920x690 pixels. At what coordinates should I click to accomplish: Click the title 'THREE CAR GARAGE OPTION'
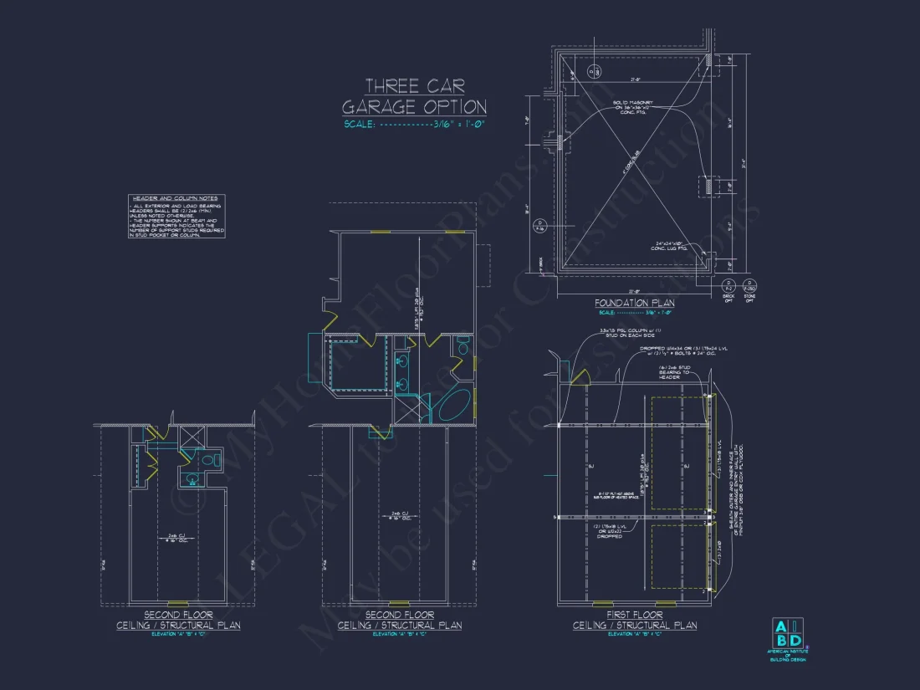[414, 96]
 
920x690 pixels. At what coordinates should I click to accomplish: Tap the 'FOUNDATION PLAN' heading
[634, 303]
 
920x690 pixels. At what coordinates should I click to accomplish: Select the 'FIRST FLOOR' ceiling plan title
[634, 615]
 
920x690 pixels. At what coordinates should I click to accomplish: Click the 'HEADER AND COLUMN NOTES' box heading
[176, 198]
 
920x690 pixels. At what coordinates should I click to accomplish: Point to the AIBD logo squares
[787, 633]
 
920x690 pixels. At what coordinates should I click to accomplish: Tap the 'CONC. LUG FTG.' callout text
[672, 248]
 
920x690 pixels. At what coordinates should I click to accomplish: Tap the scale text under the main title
[414, 125]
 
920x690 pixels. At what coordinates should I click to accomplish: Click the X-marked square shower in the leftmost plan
[190, 436]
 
